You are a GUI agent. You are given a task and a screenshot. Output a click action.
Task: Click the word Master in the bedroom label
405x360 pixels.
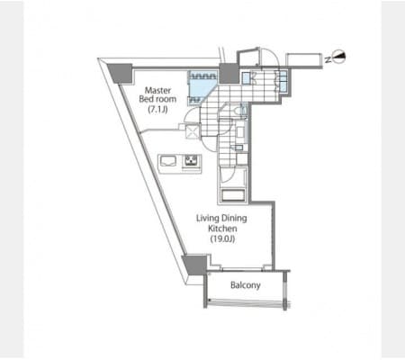pos(157,90)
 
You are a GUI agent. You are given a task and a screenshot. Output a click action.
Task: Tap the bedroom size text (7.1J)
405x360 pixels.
pos(157,110)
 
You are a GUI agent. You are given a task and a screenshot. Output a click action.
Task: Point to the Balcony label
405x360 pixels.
pos(246,285)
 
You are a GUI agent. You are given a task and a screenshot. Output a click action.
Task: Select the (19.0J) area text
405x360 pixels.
pos(222,239)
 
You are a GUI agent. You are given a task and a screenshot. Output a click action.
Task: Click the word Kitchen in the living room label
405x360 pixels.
pos(222,229)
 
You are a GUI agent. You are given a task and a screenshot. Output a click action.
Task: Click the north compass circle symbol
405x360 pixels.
pos(340,57)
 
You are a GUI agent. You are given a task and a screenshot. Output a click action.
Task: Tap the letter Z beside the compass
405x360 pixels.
pos(328,59)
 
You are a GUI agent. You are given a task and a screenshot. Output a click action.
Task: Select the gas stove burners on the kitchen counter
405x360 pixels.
pos(191,161)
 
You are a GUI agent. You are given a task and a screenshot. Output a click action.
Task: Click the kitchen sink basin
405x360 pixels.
pos(169,161)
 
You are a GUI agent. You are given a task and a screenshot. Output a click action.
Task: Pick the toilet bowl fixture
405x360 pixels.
pos(239,111)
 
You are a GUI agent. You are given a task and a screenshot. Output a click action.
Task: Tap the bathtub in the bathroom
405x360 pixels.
pos(233,195)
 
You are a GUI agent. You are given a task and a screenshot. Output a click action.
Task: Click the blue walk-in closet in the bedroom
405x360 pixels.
pos(202,87)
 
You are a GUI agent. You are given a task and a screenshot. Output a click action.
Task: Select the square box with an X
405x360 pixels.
pos(193,131)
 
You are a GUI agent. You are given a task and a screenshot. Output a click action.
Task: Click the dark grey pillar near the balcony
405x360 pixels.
pos(195,265)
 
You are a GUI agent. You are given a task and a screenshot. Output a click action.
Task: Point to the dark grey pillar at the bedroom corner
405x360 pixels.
pos(121,73)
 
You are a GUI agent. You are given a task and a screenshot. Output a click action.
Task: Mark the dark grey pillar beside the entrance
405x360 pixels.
pos(229,74)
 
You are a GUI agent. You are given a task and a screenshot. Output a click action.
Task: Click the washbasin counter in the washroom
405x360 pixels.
pos(240,133)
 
